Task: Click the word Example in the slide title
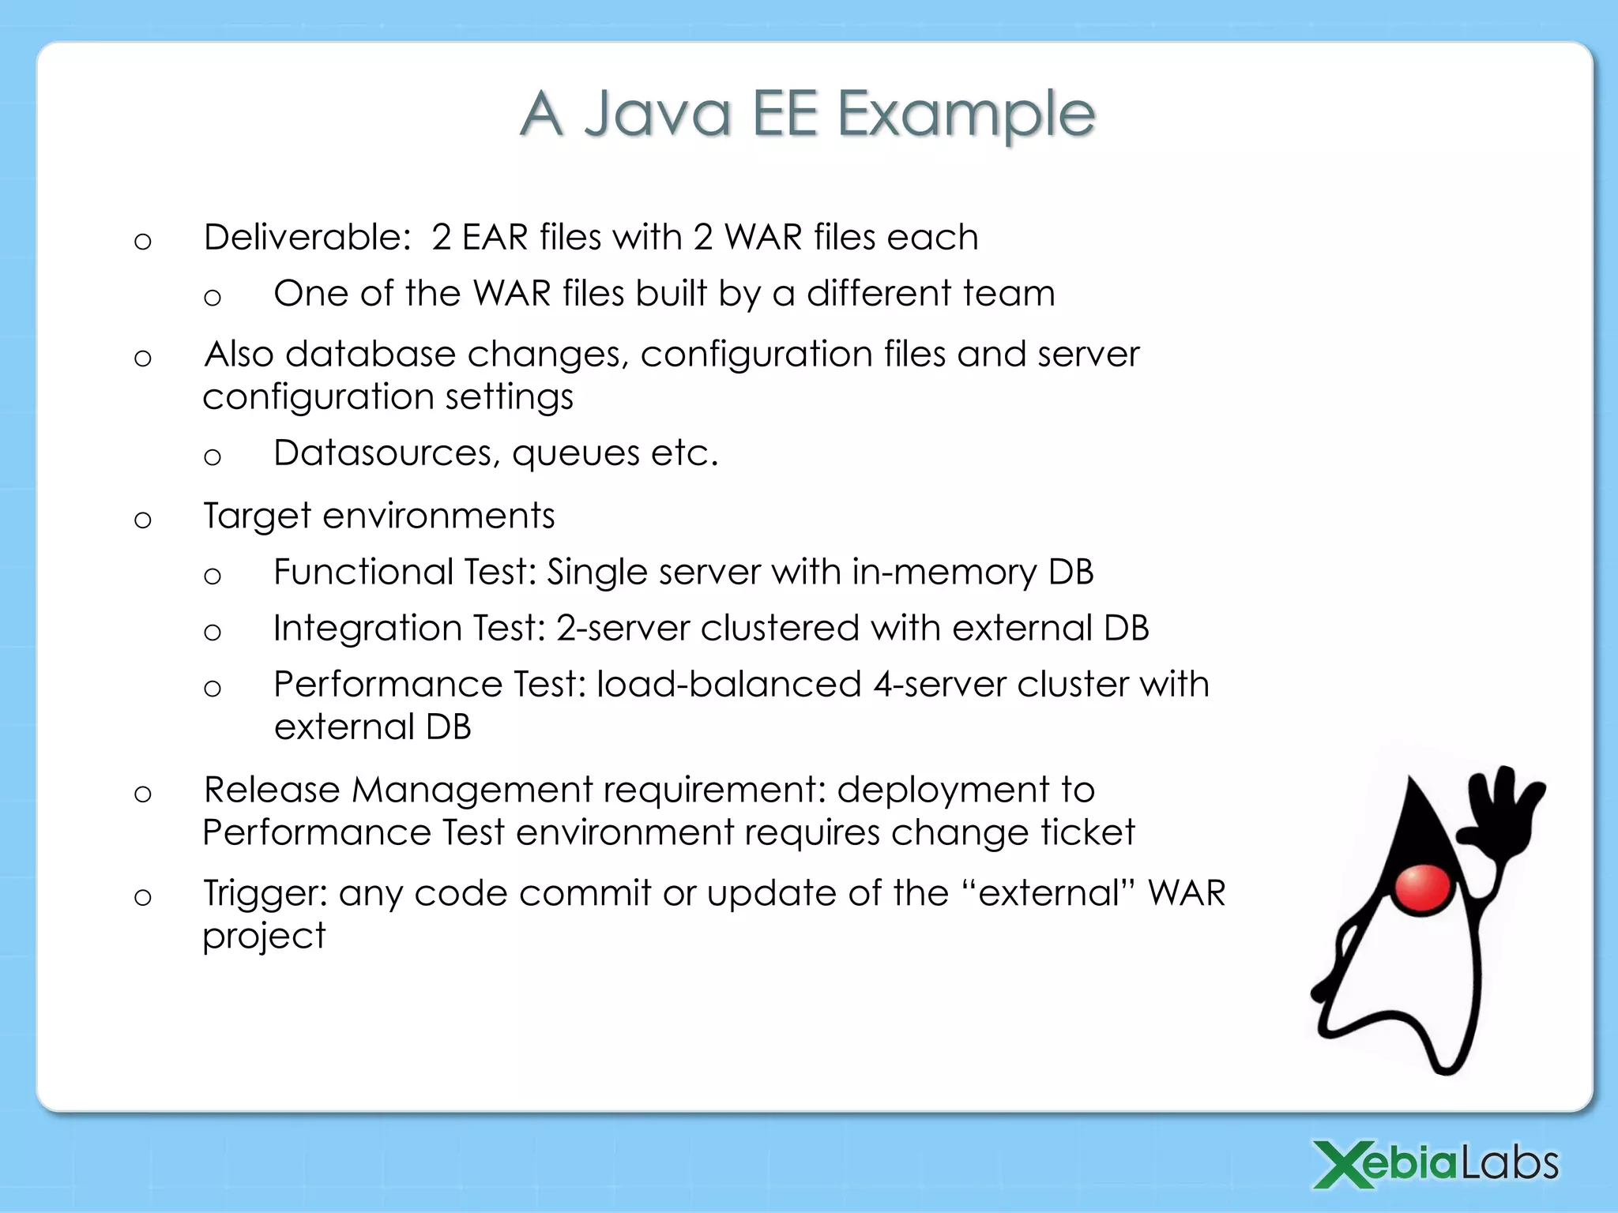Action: point(965,115)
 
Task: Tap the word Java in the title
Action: point(657,115)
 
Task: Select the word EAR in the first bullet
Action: point(495,237)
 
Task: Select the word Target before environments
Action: point(258,516)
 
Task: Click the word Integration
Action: point(368,629)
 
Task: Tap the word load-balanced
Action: point(728,684)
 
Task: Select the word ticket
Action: point(1087,832)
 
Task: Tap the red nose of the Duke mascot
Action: point(1421,888)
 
